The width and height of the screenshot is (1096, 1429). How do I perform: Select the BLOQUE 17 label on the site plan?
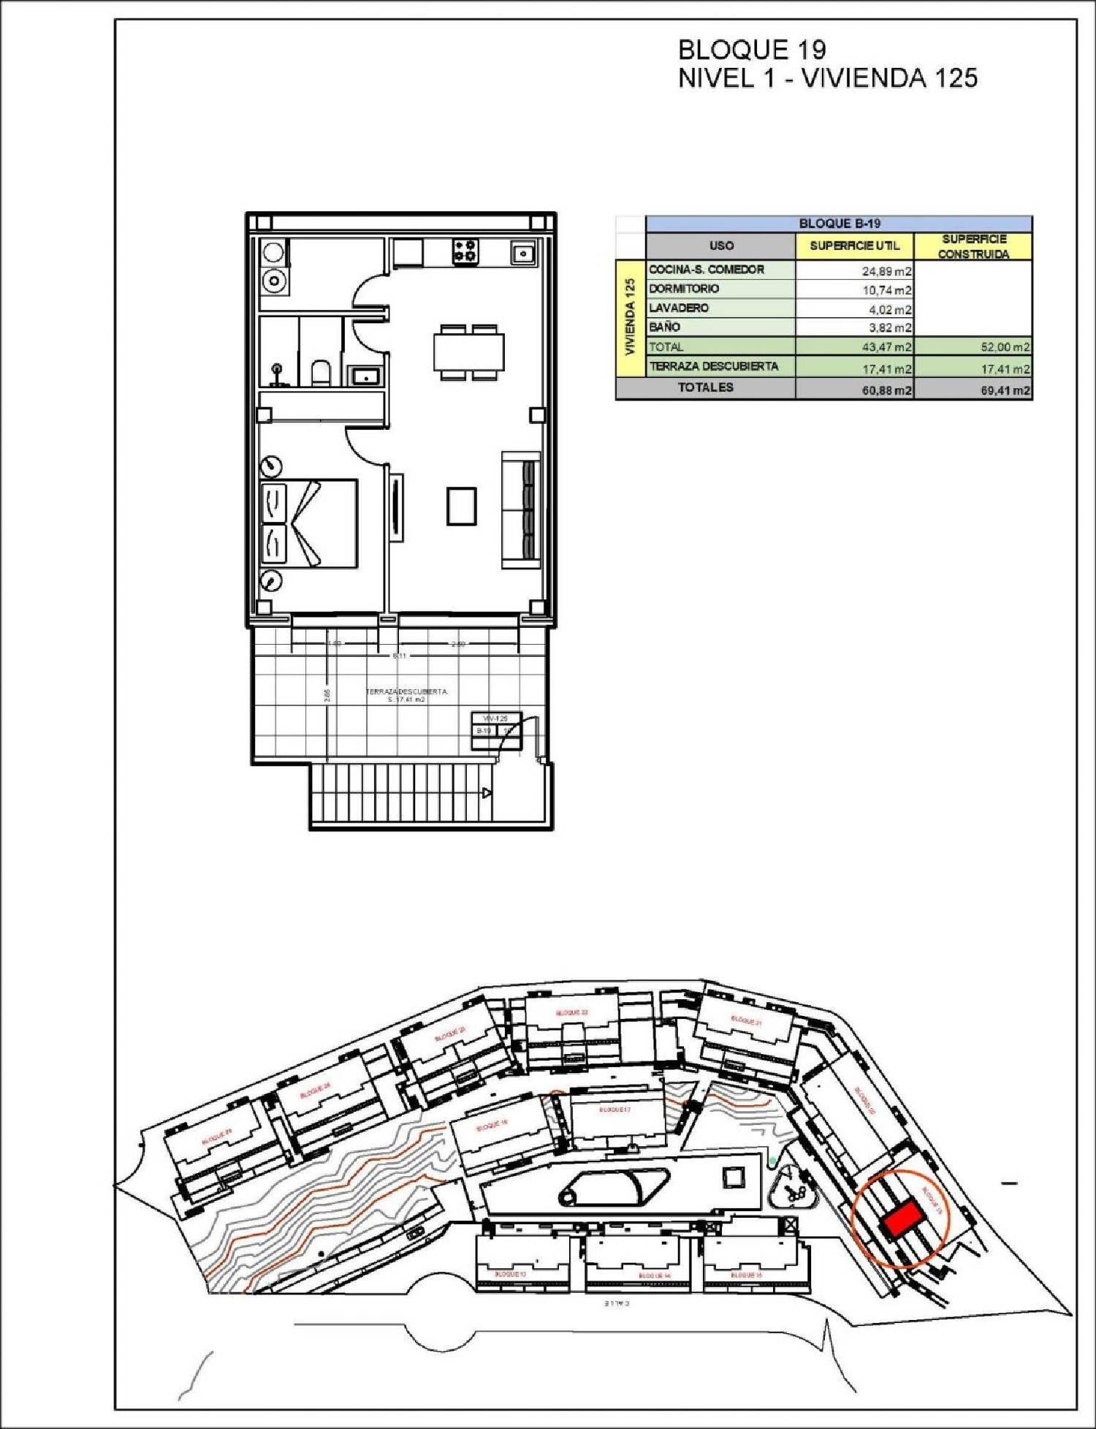(614, 1109)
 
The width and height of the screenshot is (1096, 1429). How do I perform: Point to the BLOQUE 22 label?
(571, 1012)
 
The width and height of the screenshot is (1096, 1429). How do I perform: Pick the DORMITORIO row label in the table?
(684, 289)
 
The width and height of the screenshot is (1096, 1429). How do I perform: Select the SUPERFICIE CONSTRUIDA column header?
(973, 246)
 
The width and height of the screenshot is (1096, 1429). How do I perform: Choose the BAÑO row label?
(664, 327)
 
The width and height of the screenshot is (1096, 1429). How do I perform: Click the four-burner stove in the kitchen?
(465, 251)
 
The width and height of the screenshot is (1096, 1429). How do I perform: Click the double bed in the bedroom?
(310, 523)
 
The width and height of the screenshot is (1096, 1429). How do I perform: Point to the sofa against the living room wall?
(521, 510)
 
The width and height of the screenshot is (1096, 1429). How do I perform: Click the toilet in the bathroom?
(321, 374)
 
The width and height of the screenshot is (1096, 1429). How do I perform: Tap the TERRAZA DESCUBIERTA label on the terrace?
(406, 691)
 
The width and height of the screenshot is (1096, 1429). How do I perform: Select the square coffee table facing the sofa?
(462, 506)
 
